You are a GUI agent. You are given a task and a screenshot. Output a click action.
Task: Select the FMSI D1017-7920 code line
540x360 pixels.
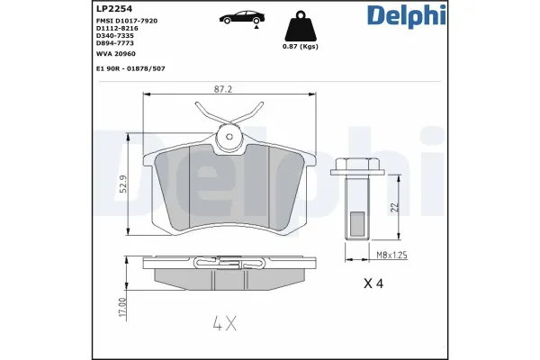pos(131,20)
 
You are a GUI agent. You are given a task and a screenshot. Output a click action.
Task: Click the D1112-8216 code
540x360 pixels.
pos(118,28)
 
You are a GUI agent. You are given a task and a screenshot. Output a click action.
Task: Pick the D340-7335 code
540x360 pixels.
pos(117,36)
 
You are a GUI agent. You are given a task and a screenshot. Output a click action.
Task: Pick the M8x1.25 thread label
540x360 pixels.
pos(391,256)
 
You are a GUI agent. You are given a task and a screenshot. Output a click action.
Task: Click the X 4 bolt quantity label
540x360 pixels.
pos(373,284)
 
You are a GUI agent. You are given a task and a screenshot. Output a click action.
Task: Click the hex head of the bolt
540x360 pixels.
pos(356,167)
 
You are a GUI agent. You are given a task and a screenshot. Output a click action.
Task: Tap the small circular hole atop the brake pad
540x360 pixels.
pos(229,138)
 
